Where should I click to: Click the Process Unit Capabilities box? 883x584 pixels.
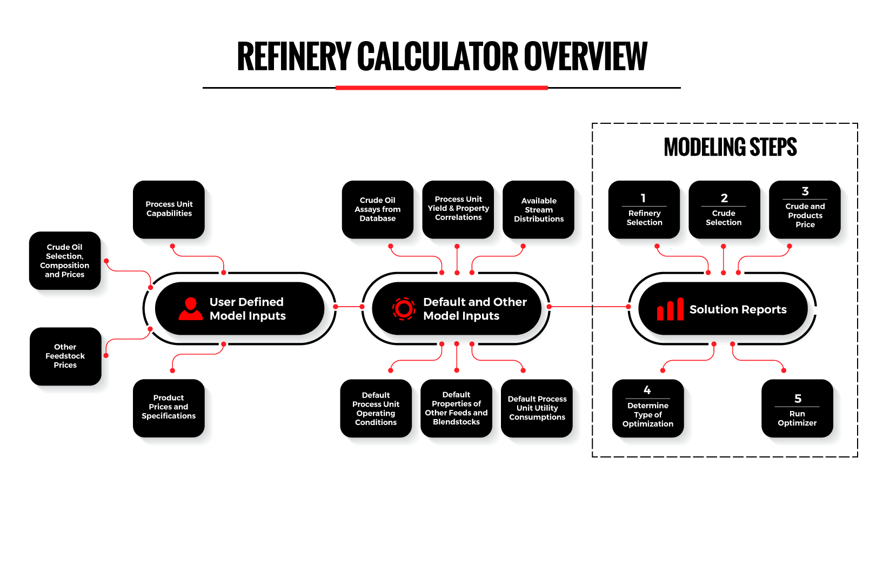[x=169, y=209]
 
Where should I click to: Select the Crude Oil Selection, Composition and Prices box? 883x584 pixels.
[x=64, y=261]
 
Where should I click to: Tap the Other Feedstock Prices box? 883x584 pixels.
[x=65, y=356]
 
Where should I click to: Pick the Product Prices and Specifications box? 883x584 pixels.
[x=169, y=407]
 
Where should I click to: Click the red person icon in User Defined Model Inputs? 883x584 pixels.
[x=190, y=309]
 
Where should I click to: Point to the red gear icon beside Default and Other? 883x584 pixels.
[x=404, y=309]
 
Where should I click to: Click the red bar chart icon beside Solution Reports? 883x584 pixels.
[x=670, y=310]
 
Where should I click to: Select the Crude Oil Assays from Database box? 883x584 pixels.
[x=377, y=209]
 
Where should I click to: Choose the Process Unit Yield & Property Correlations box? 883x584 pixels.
[x=458, y=209]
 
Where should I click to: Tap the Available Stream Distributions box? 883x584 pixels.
[x=538, y=210]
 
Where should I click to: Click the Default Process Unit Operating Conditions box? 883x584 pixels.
[x=376, y=408]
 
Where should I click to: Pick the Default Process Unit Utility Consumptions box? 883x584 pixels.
[x=537, y=408]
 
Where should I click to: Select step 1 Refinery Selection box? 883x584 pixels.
[x=644, y=210]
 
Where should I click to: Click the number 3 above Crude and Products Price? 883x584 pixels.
[x=805, y=191]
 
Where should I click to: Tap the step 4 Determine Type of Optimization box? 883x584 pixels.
[x=647, y=408]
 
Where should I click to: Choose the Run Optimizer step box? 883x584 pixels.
[x=797, y=409]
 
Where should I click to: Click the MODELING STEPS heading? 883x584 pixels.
[x=730, y=147]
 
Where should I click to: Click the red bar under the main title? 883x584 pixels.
[x=441, y=88]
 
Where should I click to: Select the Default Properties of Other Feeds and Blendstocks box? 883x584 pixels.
[x=456, y=408]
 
